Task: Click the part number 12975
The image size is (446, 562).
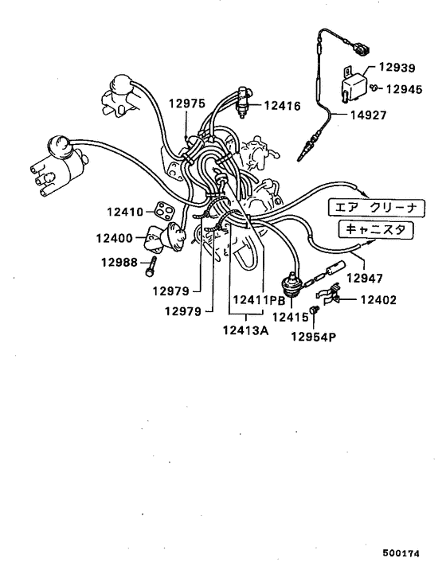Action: pos(186,103)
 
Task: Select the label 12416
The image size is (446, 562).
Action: pos(281,104)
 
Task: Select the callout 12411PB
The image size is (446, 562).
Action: pos(258,300)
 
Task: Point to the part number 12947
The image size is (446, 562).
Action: pos(363,279)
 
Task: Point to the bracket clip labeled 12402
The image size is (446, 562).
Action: pos(335,299)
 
